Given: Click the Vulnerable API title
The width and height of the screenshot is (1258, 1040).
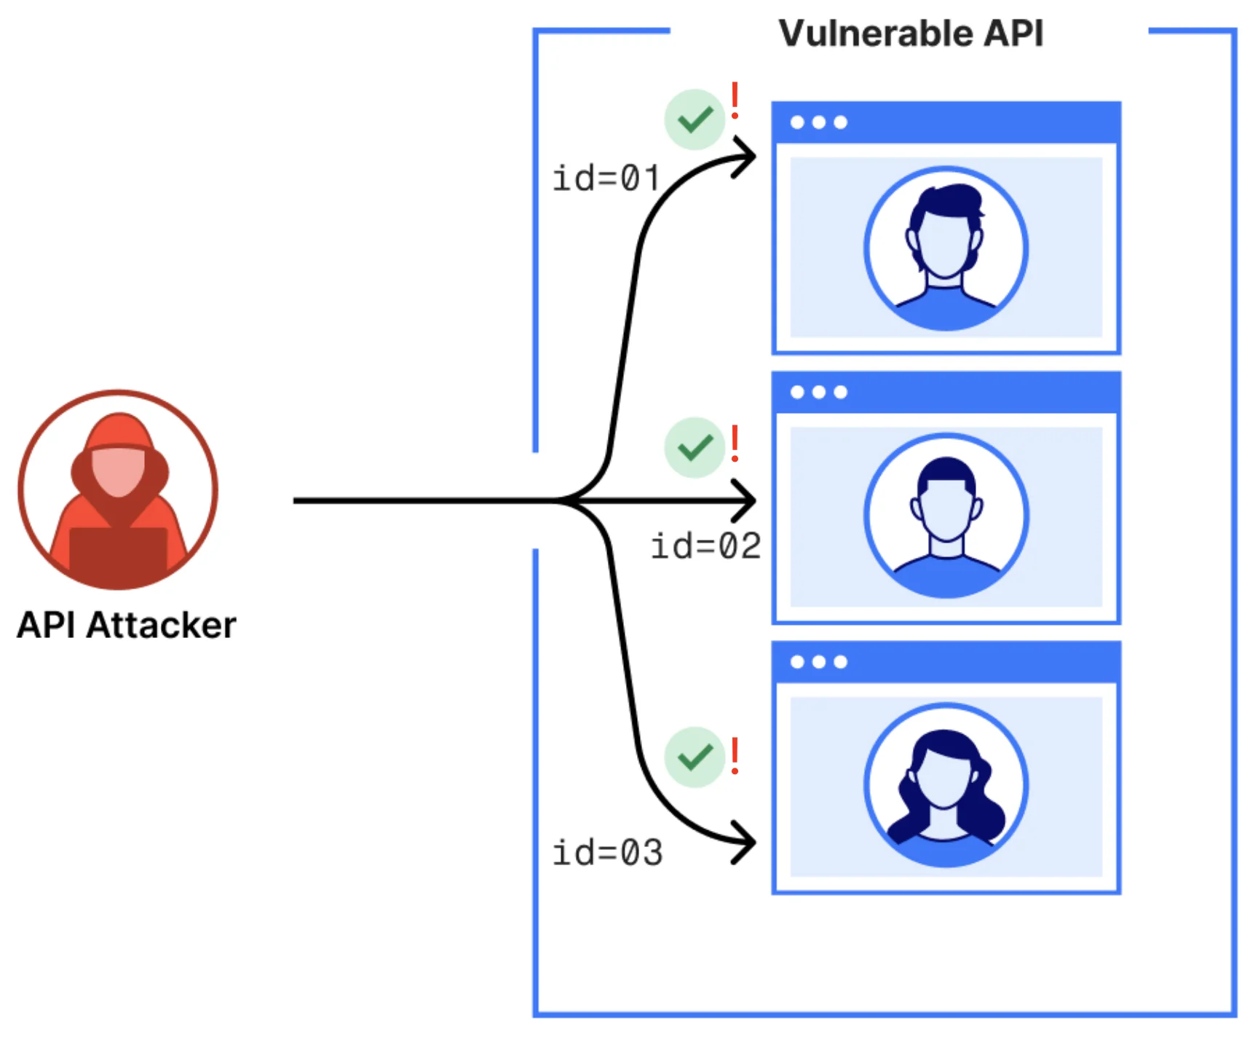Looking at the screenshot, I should [x=910, y=34].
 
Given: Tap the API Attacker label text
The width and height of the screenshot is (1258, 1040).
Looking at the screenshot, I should [x=127, y=625].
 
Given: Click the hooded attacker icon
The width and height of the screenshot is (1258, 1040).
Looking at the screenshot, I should [x=118, y=489].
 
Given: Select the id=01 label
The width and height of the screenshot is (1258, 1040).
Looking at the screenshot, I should [x=606, y=178].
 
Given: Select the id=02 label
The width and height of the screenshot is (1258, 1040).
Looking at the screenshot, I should [x=705, y=546].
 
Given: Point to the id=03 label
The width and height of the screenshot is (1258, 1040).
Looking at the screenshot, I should [x=607, y=853].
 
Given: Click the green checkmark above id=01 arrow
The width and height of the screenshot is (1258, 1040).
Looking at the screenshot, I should [x=695, y=119].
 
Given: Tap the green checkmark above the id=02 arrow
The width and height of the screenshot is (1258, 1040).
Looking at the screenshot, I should [x=695, y=447].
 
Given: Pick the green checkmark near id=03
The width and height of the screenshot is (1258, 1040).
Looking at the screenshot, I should [x=695, y=757].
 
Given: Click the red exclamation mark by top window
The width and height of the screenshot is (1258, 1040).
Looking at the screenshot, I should [x=735, y=101].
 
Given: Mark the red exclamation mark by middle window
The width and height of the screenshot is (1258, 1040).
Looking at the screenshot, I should [x=735, y=443].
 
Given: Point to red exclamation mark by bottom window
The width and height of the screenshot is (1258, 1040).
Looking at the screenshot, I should [x=735, y=755].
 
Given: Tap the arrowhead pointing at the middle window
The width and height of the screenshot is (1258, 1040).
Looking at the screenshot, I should [x=747, y=500].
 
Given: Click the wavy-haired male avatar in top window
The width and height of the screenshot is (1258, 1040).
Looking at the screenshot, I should [x=946, y=248].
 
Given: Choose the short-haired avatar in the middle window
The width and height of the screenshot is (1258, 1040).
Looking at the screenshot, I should [x=946, y=516].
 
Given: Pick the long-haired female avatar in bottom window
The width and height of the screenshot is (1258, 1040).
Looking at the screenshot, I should [x=946, y=785].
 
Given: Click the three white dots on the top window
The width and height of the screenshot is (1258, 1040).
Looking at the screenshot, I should [x=819, y=122].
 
